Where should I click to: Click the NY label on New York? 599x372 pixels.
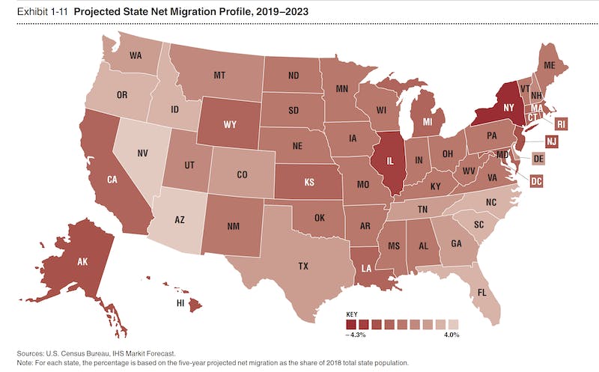[508, 108]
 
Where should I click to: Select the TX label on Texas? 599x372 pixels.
[304, 266]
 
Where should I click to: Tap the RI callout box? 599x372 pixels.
[561, 124]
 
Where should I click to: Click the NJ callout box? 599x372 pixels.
[552, 141]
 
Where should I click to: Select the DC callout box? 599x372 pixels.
[536, 180]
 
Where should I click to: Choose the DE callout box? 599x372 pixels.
[538, 159]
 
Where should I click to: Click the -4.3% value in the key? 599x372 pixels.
[355, 334]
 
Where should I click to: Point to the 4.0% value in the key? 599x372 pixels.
[451, 334]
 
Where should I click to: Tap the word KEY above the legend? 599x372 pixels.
[352, 314]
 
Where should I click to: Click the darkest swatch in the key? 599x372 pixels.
[351, 323]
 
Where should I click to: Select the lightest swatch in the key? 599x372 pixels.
[453, 323]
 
